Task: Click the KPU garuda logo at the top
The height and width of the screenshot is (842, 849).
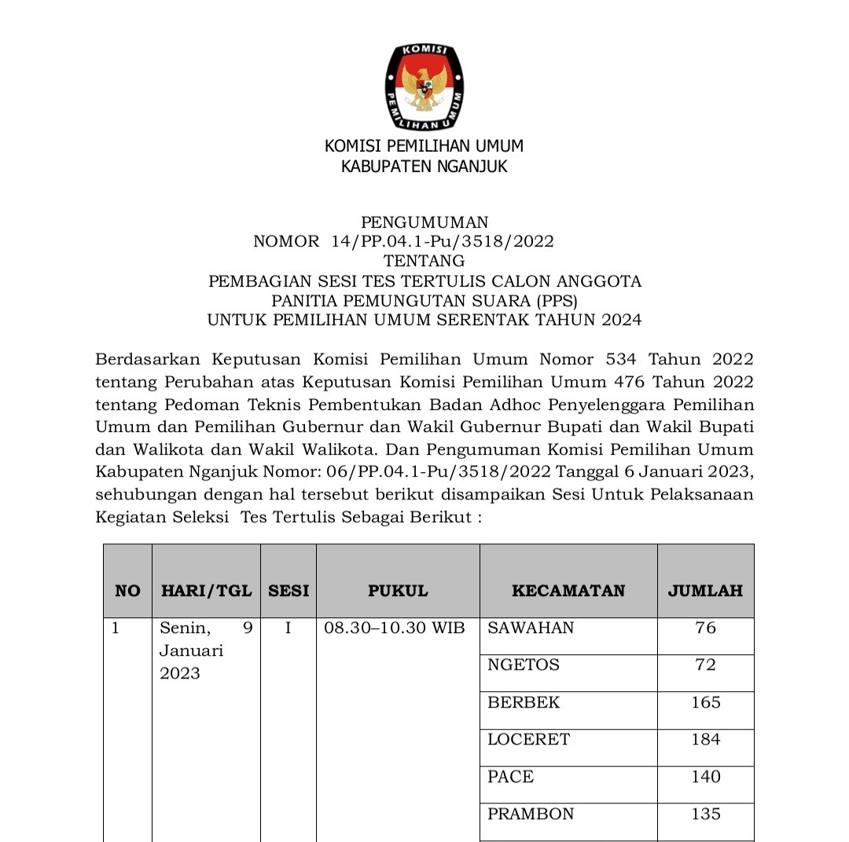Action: tap(424, 87)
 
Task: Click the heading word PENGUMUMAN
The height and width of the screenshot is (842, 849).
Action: tap(424, 222)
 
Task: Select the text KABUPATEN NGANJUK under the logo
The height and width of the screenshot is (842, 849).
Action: tap(424, 167)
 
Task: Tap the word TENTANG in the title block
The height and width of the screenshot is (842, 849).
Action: tap(424, 261)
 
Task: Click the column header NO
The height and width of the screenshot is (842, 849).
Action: tap(127, 591)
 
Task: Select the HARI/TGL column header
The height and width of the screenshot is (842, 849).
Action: tap(206, 591)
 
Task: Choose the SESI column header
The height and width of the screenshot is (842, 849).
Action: tap(289, 591)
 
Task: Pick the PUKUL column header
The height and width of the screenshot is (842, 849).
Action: tap(398, 591)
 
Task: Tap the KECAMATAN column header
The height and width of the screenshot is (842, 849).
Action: tap(568, 591)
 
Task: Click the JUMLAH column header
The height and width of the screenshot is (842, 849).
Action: tap(705, 591)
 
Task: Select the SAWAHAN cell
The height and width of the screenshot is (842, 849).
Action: tap(531, 628)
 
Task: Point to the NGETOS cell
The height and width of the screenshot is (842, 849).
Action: tap(524, 664)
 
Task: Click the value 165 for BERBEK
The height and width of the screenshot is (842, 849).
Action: tap(705, 702)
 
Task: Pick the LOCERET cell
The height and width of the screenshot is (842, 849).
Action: tap(528, 739)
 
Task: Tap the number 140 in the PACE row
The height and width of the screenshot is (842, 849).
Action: tap(705, 777)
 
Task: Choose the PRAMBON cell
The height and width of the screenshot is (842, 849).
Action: tap(531, 814)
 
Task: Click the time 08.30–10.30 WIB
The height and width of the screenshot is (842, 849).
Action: tap(395, 628)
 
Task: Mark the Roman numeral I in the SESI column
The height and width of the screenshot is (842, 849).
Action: tap(288, 628)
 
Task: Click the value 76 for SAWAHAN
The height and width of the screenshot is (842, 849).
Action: tap(705, 628)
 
